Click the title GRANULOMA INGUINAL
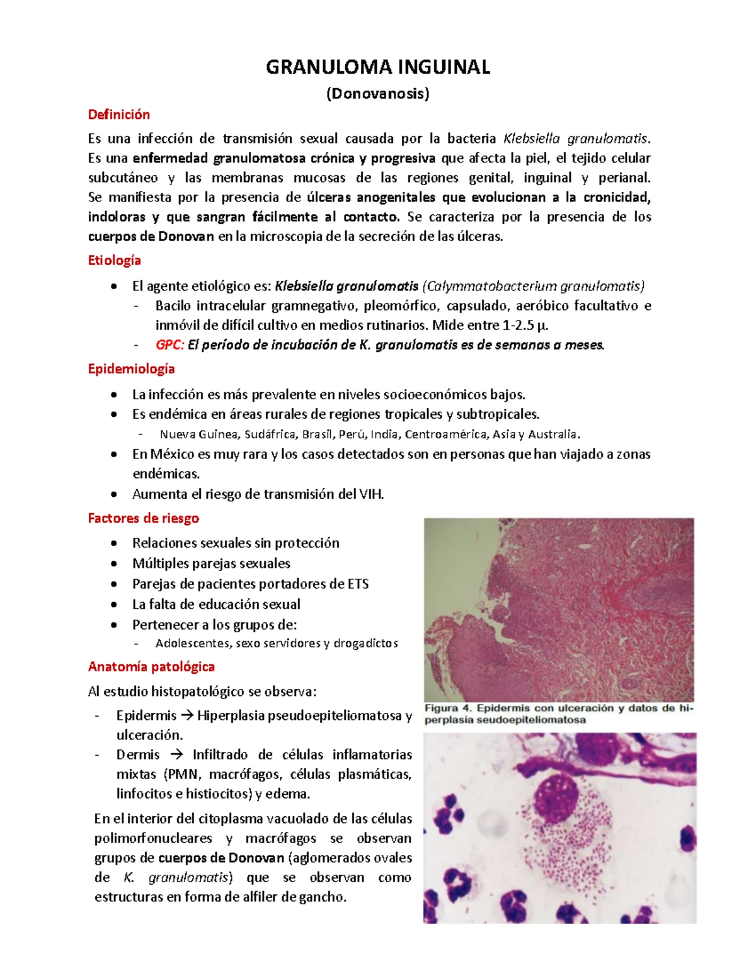377,67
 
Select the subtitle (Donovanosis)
377,94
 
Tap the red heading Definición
118,115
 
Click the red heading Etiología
114,261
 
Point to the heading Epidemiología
131,369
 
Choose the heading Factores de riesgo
143,518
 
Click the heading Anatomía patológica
151,666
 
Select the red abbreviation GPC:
169,345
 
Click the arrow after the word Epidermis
187,716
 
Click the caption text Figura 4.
450,708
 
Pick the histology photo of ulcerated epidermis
559,610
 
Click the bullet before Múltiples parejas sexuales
113,564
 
